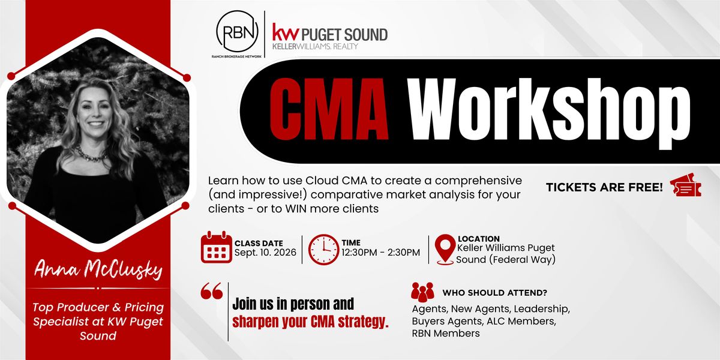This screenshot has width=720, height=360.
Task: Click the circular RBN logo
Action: click(x=237, y=31)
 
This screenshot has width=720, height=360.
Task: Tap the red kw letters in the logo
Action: click(x=286, y=32)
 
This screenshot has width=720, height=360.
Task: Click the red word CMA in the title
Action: click(x=329, y=109)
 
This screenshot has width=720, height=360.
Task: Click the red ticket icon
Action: click(x=685, y=185)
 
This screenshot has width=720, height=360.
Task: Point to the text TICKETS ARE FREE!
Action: click(x=604, y=187)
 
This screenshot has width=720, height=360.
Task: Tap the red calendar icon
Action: click(x=217, y=247)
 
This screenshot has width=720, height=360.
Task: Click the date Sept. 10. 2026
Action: click(x=265, y=253)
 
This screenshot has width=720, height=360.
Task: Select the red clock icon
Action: click(x=323, y=250)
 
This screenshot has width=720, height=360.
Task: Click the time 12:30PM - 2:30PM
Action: click(x=380, y=253)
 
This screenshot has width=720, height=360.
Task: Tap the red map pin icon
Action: click(x=445, y=250)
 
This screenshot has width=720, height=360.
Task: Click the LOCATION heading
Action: click(x=479, y=239)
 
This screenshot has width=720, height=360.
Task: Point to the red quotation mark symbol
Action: click(x=211, y=291)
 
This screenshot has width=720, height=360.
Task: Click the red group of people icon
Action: click(x=422, y=292)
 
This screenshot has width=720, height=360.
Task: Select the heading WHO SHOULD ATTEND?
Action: click(x=494, y=293)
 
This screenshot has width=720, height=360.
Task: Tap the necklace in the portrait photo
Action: click(x=91, y=155)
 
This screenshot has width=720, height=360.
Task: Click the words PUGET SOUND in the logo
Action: click(x=344, y=35)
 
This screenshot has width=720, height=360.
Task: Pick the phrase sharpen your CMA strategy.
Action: click(x=310, y=322)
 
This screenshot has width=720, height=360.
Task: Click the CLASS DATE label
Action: click(x=259, y=244)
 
